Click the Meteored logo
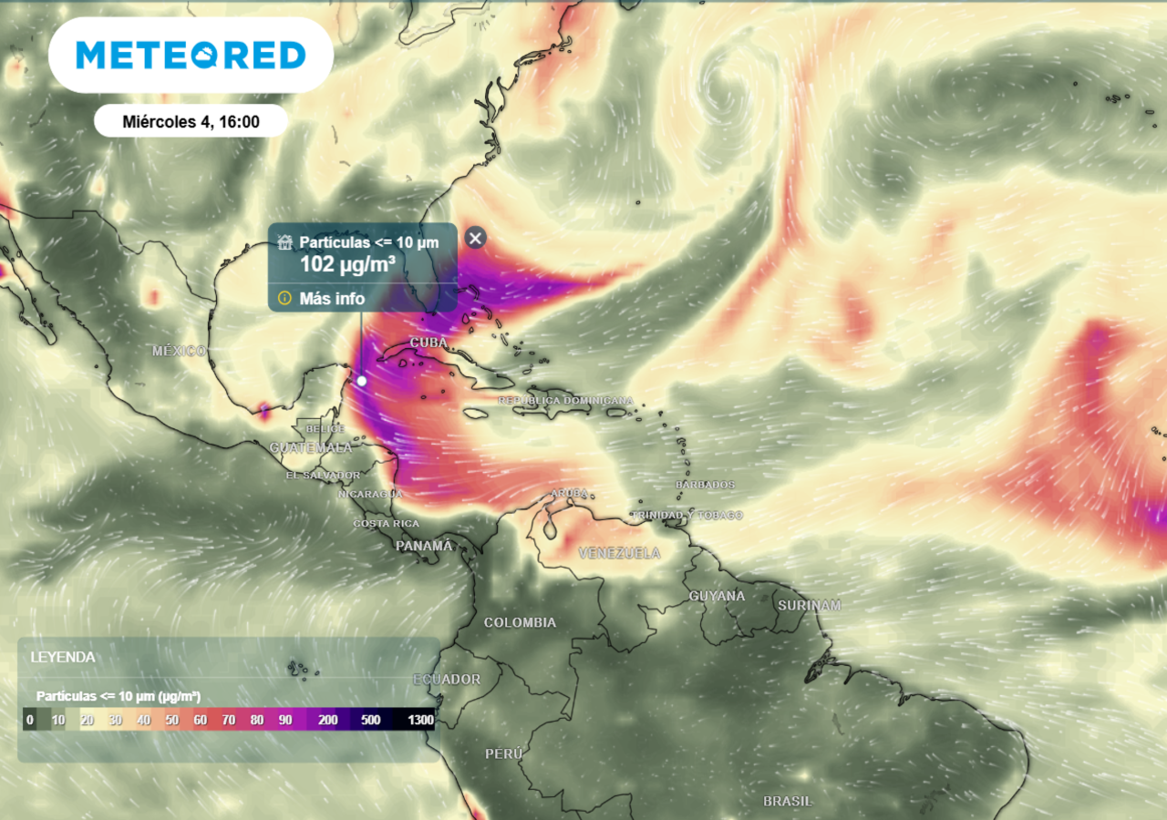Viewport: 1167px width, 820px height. tap(191, 55)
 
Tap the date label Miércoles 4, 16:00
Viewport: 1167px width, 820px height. tap(191, 121)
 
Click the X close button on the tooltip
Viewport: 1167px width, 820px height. tap(475, 238)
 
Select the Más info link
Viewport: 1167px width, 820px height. tap(332, 298)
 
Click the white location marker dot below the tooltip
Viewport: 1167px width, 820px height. tap(361, 381)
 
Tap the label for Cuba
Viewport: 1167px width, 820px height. tap(429, 343)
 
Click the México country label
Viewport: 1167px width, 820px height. tap(180, 351)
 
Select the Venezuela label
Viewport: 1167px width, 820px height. tap(619, 553)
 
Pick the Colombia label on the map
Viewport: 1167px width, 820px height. tap(520, 622)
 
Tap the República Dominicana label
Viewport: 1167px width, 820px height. tap(565, 401)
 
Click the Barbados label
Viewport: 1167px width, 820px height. tap(704, 485)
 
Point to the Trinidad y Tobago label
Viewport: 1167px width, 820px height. tap(687, 516)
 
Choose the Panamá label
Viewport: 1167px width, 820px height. tap(424, 546)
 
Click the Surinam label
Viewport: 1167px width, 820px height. tap(809, 605)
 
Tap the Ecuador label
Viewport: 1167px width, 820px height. tap(447, 680)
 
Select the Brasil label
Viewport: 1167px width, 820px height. tap(788, 801)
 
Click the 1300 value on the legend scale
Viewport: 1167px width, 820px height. tap(420, 720)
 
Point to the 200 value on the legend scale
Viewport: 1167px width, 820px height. tap(328, 720)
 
